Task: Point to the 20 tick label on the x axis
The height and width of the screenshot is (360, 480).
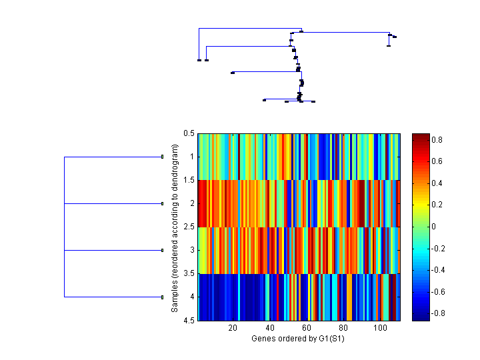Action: (233, 328)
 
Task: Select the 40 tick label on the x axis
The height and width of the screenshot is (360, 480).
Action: (269, 328)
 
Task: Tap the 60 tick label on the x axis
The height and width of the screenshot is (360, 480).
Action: (306, 328)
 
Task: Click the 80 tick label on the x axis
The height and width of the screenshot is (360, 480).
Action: (343, 328)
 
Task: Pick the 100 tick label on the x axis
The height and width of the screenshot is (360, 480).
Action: (380, 328)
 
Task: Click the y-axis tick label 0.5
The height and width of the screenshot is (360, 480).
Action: (189, 134)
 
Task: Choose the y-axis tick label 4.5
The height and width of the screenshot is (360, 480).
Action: (189, 321)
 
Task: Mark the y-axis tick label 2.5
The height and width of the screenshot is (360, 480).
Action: (189, 227)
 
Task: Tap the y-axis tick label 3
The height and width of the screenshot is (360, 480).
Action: (192, 251)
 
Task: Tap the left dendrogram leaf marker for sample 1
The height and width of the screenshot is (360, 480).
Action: (162, 157)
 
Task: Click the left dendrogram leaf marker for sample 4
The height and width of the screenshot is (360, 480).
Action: (162, 297)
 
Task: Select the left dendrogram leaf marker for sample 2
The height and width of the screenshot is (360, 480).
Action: (162, 203)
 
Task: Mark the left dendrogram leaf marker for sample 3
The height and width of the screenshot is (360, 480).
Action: (162, 250)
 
